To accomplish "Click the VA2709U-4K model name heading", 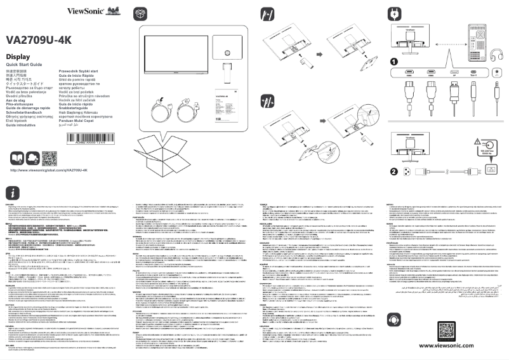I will pyautogui.click(x=37, y=39).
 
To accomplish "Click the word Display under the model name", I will pyautogui.click(x=20, y=57).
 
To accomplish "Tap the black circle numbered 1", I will pyautogui.click(x=393, y=62).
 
